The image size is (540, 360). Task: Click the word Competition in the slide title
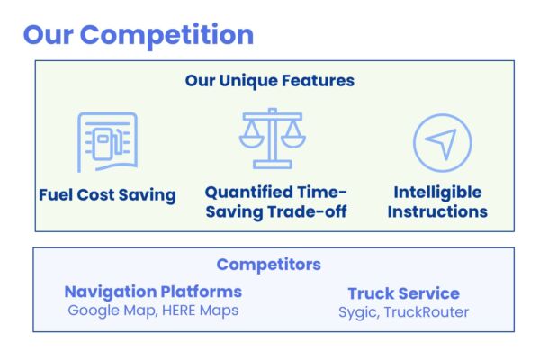166,35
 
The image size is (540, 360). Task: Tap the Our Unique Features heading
270,81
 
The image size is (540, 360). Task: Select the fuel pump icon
107,142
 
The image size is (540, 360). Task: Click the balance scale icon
273,139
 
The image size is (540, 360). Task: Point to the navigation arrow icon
443,142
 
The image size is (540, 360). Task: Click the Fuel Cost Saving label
107,195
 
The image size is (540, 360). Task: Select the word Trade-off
307,211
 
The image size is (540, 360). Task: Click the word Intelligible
437,193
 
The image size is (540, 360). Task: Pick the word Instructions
437,211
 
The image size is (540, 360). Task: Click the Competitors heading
268,265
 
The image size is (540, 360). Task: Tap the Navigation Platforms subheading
153,292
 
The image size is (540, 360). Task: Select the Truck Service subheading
403,293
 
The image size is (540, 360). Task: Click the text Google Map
112,310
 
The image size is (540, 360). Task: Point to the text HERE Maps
200,310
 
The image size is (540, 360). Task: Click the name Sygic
359,313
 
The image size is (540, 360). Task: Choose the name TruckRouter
427,312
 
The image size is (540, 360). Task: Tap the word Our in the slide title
49,35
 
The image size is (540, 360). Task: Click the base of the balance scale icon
273,165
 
